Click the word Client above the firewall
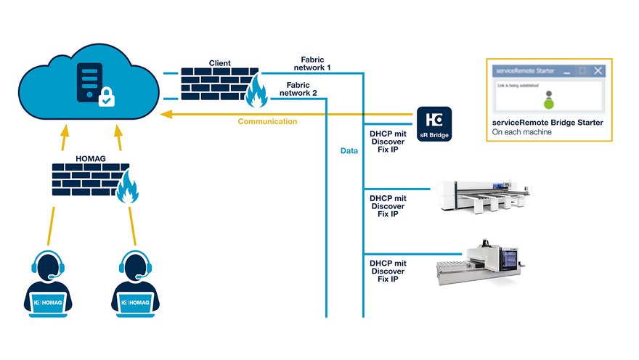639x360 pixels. tap(220, 64)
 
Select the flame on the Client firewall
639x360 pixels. tap(255, 93)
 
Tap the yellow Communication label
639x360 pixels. tap(267, 122)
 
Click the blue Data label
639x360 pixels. tap(349, 151)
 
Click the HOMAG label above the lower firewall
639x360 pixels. tap(90, 157)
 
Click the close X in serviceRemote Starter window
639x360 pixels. tap(598, 70)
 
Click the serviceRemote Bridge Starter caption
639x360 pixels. tap(548, 123)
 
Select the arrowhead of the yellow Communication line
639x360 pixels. tap(166, 114)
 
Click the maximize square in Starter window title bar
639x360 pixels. tap(582, 70)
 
